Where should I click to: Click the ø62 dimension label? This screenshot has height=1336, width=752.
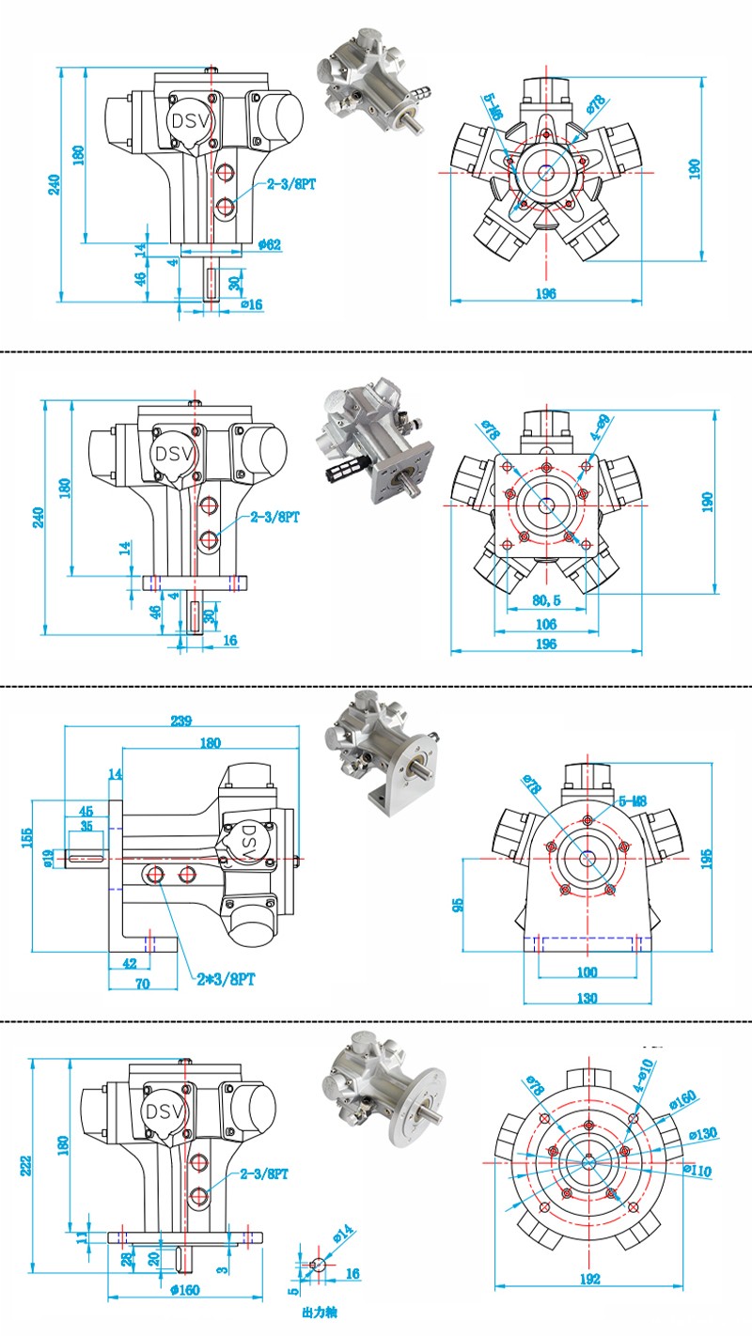pyautogui.click(x=270, y=245)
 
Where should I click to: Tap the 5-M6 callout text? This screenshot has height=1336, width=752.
pyautogui.click(x=493, y=109)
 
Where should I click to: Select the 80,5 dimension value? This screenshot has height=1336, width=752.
pyautogui.click(x=545, y=599)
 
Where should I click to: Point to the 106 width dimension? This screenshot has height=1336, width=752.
pyautogui.click(x=545, y=624)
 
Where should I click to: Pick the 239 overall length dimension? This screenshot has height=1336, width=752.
pyautogui.click(x=181, y=721)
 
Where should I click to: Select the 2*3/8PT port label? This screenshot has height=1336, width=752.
pyautogui.click(x=225, y=978)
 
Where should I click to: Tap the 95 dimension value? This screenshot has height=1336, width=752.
pyautogui.click(x=458, y=906)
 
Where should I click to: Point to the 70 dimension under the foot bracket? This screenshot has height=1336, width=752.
pyautogui.click(x=143, y=984)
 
